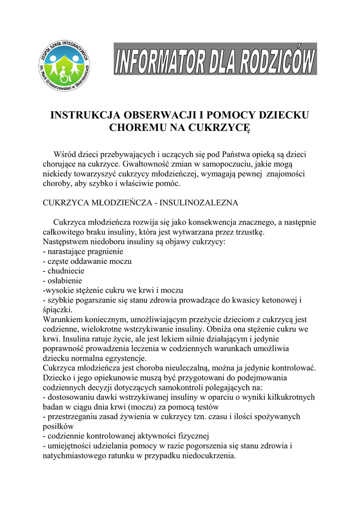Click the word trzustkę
coord(250,232)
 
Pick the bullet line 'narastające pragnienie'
coord(76,252)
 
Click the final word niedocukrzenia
coord(206,455)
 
